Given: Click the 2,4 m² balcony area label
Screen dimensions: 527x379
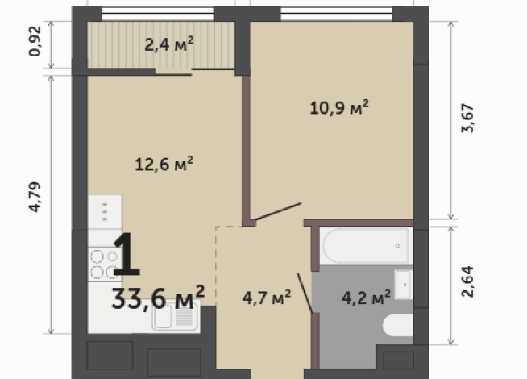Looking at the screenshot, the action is (169, 44).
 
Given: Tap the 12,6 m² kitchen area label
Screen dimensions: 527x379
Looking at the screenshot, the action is (164, 164).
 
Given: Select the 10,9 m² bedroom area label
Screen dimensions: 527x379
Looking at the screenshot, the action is (339, 107).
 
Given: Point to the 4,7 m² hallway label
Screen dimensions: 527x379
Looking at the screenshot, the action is (267, 298).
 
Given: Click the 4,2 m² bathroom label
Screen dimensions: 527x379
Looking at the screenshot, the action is (366, 298).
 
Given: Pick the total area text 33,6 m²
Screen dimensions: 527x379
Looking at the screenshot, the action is (158, 298).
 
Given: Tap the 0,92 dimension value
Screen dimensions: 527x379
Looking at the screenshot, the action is (35, 41).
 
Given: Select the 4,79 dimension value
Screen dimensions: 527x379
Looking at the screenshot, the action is (35, 197).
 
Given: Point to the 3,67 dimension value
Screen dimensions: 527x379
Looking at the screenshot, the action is (467, 119).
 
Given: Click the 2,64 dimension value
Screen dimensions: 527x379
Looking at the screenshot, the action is (467, 281).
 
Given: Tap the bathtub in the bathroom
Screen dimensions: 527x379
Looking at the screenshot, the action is (366, 245).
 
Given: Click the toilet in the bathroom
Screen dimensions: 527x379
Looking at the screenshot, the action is (397, 325).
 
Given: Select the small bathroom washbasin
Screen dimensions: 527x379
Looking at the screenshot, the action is (403, 285).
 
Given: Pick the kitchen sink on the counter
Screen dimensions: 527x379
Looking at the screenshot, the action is (174, 317).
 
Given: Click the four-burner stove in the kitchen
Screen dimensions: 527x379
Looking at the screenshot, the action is (103, 264).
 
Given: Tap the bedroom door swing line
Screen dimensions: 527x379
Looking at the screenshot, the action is (278, 211).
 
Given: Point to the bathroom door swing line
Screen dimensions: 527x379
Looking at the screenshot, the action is (305, 293).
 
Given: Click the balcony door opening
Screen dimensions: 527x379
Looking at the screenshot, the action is (173, 71).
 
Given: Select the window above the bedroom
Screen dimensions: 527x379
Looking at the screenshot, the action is (337, 14).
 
